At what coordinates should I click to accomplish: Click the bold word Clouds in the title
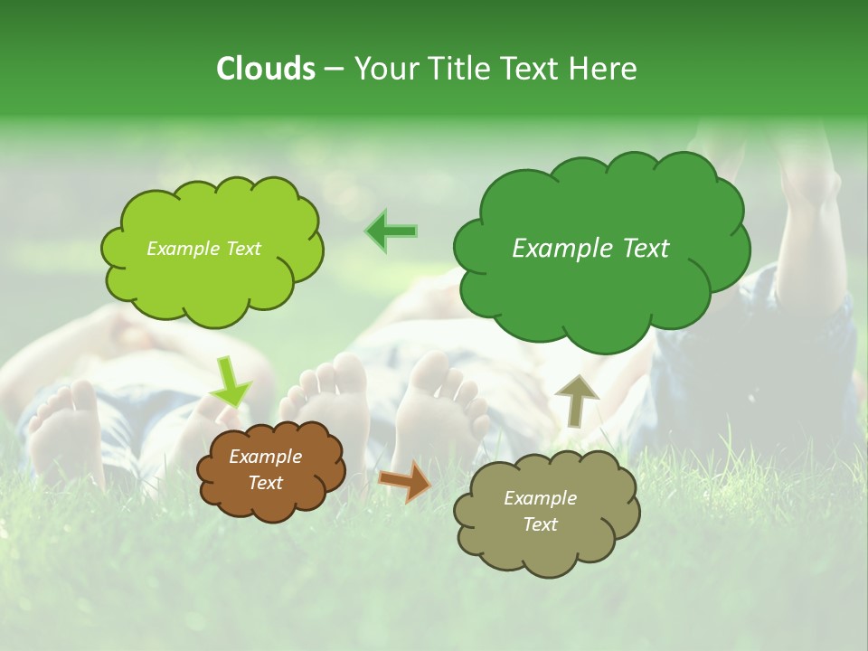coord(266,69)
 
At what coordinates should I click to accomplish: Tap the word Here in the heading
coord(604,69)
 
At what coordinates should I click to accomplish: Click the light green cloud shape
coord(212,280)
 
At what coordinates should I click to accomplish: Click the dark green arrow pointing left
coord(392,231)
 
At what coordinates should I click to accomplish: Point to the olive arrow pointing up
coord(576,400)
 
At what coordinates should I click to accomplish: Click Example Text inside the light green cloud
coord(203,249)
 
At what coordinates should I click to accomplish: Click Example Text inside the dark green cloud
coord(590,249)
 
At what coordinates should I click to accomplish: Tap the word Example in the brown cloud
coord(265,457)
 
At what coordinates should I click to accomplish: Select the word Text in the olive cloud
coord(540,524)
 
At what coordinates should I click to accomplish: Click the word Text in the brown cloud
coord(265,483)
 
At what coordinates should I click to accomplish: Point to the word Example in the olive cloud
coord(540,498)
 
